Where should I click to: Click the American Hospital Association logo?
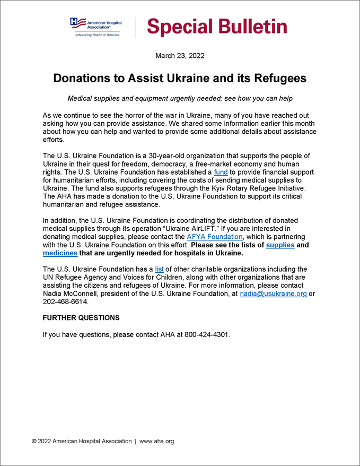pos(96,27)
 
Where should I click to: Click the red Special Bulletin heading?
pos(217,27)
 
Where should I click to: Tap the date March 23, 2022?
pos(180,56)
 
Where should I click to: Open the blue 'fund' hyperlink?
pos(221,172)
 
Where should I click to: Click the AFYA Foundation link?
pos(215,237)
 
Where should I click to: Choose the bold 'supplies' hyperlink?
pos(280,245)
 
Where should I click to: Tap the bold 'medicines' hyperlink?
pos(60,253)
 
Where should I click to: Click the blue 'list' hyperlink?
pos(159,269)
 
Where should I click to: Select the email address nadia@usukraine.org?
pos(273,294)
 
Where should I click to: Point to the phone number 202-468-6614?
pos(65,301)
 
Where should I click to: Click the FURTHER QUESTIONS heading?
pos(81,318)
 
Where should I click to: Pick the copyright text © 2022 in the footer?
pos(42,441)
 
